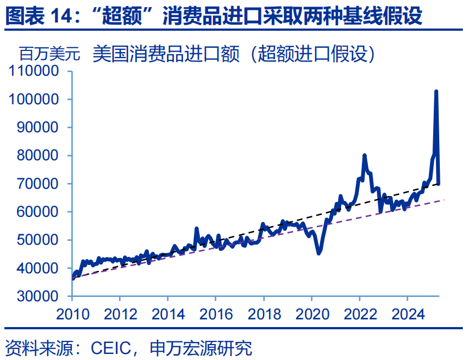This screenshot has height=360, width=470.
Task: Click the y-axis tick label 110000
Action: coord(35,71)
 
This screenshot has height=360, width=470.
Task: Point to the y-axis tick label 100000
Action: coord(35,99)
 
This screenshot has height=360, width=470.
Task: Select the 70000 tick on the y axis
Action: coord(38,184)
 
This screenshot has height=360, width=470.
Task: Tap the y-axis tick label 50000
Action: coord(38,240)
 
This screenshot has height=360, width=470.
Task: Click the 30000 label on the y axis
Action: coord(38,296)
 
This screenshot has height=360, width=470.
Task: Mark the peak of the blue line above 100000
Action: coord(436,92)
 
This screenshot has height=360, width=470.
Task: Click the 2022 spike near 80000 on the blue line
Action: coord(364,156)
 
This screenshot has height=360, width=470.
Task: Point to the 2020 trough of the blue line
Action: coord(319,252)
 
